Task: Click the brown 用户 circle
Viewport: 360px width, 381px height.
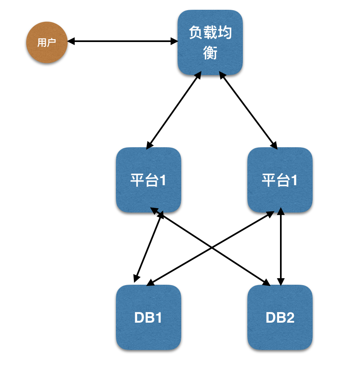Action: click(47, 42)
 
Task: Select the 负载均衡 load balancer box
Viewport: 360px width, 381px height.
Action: click(210, 42)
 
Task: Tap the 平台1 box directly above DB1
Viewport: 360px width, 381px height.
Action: click(149, 180)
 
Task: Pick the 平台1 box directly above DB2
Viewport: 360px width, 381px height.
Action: click(280, 180)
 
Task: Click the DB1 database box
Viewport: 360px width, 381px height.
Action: click(149, 317)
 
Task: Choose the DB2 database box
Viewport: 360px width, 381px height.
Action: click(280, 317)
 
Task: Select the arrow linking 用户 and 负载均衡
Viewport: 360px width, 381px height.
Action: click(122, 41)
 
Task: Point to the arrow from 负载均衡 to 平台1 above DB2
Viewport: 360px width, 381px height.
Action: click(248, 109)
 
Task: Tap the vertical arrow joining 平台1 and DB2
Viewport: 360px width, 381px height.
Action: click(280, 246)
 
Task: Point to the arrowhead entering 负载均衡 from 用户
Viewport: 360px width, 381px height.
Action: click(174, 41)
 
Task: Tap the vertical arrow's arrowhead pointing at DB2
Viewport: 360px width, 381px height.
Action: click(280, 281)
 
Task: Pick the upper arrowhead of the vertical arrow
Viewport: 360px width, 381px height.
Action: click(280, 211)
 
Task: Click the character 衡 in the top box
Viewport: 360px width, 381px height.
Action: click(210, 53)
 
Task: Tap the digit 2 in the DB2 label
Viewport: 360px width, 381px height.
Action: click(289, 317)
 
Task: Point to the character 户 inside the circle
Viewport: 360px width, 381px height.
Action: click(51, 43)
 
